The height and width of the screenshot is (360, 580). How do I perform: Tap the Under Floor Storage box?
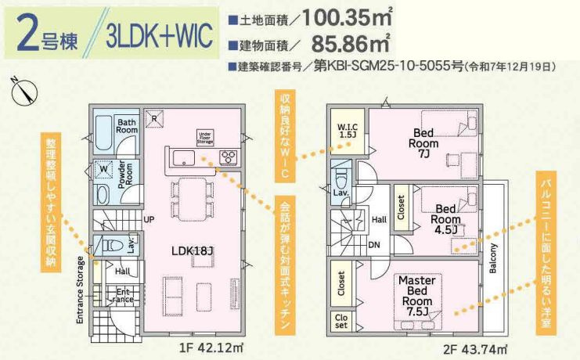pyautogui.click(x=206, y=138)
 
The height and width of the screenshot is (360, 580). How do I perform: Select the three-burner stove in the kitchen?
pyautogui.click(x=229, y=156)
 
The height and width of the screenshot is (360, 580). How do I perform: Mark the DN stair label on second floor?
pyautogui.click(x=374, y=244)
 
